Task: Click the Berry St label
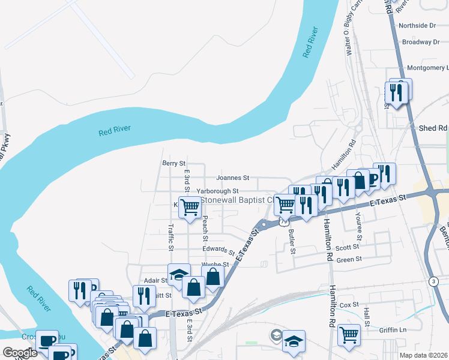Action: [173, 163]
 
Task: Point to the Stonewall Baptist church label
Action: [236, 199]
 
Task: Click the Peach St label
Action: [205, 224]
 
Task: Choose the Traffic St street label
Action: [171, 238]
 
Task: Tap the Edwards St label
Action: [218, 250]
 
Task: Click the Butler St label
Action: [292, 241]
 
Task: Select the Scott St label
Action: [347, 247]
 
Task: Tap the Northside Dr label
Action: [417, 26]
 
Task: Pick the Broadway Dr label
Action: [421, 42]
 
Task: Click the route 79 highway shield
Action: [283, 221]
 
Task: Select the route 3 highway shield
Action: [433, 281]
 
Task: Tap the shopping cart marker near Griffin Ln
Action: [349, 335]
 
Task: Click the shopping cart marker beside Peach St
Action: [190, 207]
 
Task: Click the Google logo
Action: [20, 353]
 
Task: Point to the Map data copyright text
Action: [423, 355]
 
